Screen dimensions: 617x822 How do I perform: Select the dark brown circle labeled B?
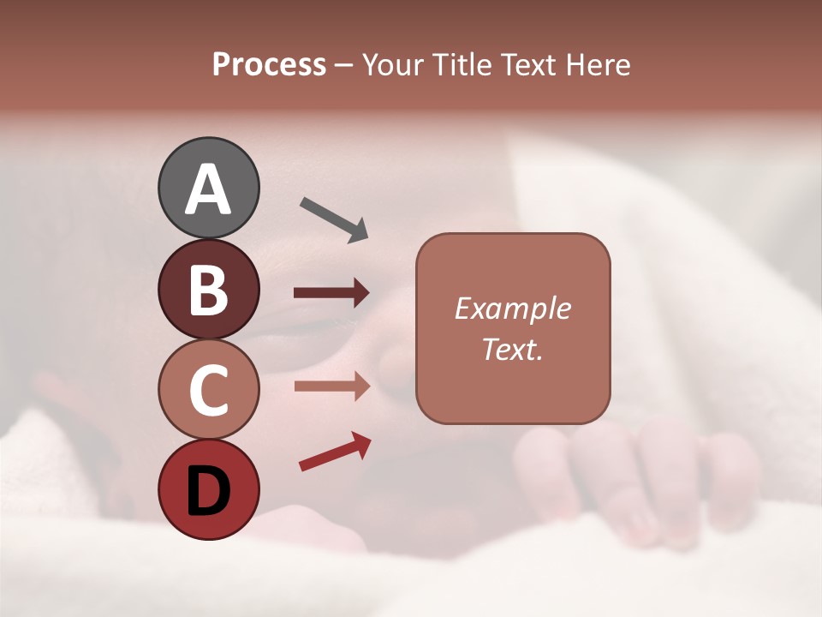pyautogui.click(x=209, y=289)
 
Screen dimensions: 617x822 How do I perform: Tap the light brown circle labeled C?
pyautogui.click(x=209, y=390)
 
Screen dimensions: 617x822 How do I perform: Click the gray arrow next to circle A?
pyautogui.click(x=334, y=218)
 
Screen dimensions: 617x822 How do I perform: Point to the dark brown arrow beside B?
pyautogui.click(x=331, y=293)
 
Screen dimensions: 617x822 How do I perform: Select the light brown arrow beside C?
pyautogui.click(x=331, y=386)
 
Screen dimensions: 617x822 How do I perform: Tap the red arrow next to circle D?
pyautogui.click(x=335, y=452)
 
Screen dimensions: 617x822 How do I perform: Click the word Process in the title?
pyautogui.click(x=269, y=65)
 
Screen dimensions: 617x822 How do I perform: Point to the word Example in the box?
pyautogui.click(x=512, y=308)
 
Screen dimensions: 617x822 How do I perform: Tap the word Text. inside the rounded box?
pyautogui.click(x=512, y=349)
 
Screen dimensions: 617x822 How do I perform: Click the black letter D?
pyautogui.click(x=209, y=492)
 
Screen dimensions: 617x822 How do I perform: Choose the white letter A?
pyautogui.click(x=209, y=189)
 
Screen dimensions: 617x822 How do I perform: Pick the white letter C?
pyautogui.click(x=209, y=390)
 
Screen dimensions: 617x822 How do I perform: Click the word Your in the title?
pyautogui.click(x=395, y=65)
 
